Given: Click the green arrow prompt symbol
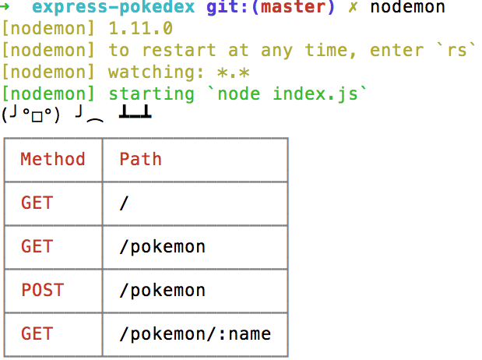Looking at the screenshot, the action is [x=6, y=9].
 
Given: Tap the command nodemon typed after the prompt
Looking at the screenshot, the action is [x=408, y=9].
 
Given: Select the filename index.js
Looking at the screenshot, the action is [x=322, y=94].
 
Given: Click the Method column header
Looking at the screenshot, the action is [x=53, y=160].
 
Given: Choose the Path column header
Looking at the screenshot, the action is [x=140, y=160].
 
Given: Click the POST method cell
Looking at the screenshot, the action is [x=42, y=291].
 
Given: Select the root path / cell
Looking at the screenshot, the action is [x=124, y=203].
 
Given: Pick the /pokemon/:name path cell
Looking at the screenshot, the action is [x=195, y=334].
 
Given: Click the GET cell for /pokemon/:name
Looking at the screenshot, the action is [x=37, y=334].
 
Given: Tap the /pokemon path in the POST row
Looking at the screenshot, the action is [x=162, y=291].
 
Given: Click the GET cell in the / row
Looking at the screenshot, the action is [x=37, y=203].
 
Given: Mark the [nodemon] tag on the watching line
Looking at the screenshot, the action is [x=49, y=72].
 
